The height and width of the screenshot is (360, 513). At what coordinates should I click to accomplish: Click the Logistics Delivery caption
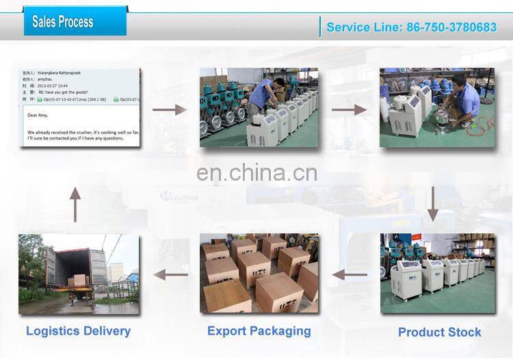click(78, 331)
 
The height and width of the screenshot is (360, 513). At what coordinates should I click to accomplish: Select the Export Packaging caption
click(259, 331)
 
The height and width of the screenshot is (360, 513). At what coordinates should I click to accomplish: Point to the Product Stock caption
click(439, 333)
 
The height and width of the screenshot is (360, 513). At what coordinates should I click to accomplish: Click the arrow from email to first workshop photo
click(170, 109)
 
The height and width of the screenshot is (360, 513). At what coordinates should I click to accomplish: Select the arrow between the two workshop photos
click(349, 109)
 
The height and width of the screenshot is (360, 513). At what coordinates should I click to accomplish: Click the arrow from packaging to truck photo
click(170, 274)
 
